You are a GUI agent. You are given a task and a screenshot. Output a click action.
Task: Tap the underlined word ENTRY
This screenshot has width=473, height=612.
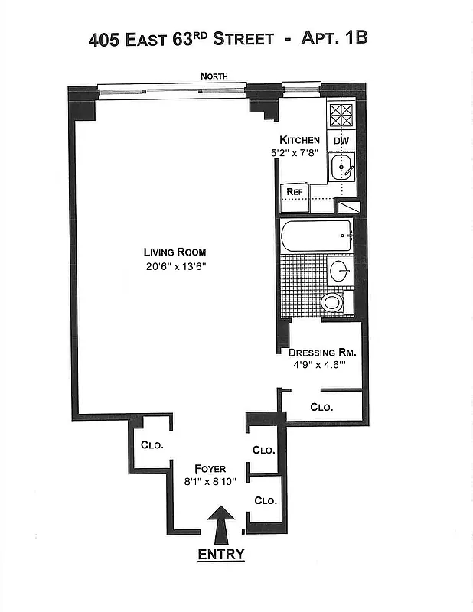pos(221,555)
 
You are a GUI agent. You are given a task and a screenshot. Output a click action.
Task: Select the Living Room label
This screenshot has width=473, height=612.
pos(175,252)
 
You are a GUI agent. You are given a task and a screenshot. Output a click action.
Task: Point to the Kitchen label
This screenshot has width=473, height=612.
pos(299,140)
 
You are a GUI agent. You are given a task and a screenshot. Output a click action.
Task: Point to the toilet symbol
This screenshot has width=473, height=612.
pos(333,302)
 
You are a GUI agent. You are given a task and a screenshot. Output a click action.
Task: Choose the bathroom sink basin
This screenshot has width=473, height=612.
pos(340,270)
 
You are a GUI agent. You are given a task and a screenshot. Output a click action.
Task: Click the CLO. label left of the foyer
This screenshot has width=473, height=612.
pos(152,444)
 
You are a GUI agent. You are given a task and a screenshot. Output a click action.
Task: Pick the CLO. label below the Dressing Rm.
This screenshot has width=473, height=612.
pos(321,408)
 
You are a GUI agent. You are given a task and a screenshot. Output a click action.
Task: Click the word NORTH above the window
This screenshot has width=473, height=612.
pos(212,76)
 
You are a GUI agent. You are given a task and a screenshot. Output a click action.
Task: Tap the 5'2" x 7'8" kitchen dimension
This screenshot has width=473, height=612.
pos(299,153)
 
